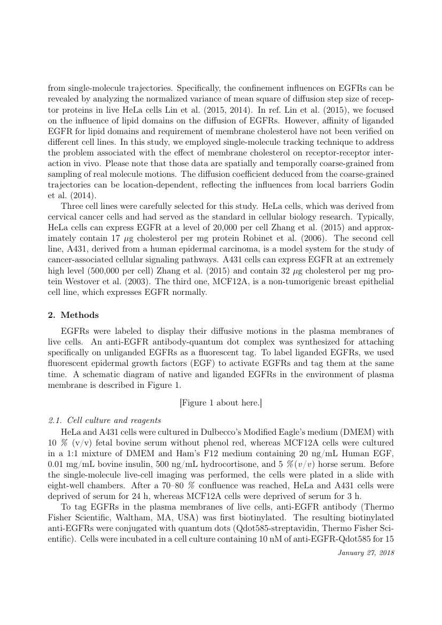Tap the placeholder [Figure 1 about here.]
coord(221,402)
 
